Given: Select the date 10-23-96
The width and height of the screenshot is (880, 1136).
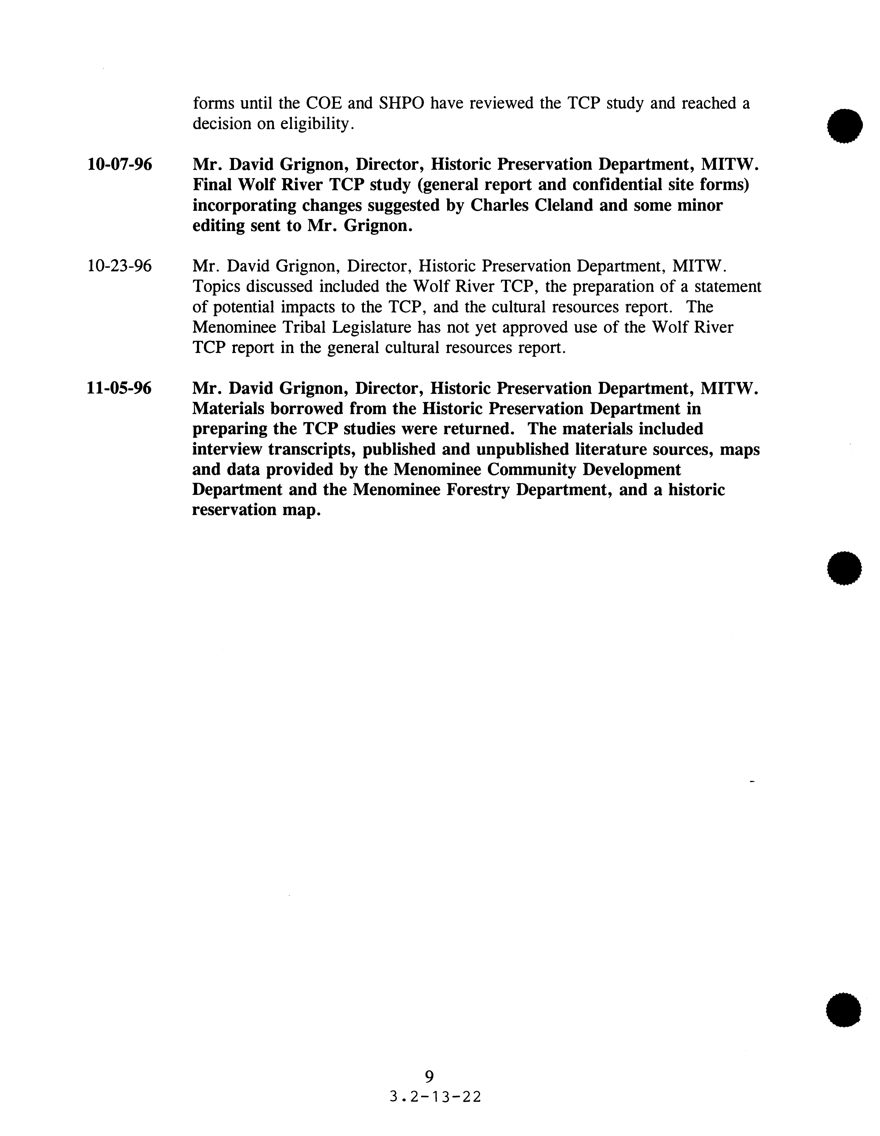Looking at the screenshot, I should [119, 266].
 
